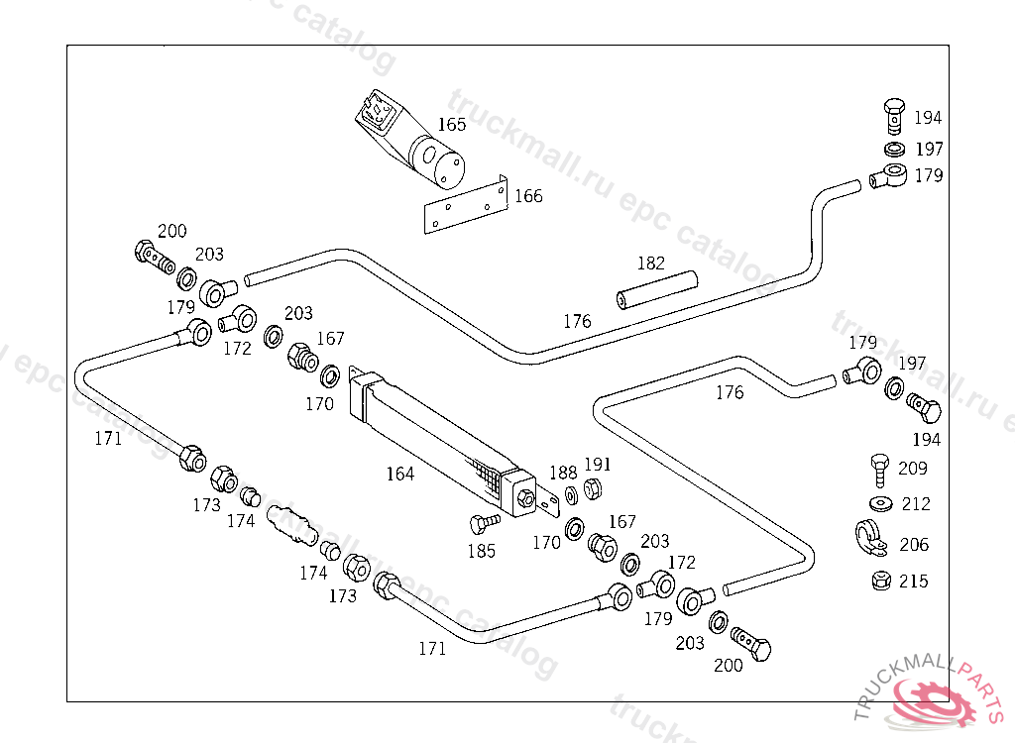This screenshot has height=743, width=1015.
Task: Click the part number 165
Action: coord(452,125)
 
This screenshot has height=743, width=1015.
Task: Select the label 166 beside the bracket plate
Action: coord(528,196)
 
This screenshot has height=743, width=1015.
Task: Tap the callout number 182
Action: coord(651,264)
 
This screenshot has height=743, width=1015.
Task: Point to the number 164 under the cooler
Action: coord(400,474)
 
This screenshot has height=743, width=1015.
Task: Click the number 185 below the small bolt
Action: coord(482,551)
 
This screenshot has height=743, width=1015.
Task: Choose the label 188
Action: coord(563,473)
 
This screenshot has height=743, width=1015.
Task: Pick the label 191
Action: coord(598,465)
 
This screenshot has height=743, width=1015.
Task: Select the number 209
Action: coord(913,468)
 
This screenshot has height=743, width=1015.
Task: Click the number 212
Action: coord(916,504)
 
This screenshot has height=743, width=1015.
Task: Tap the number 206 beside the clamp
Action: coord(914,544)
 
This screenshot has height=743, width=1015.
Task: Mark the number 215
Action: coord(914,581)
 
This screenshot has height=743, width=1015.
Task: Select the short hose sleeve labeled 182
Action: coord(656,288)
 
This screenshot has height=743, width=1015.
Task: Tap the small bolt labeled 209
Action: coord(879,467)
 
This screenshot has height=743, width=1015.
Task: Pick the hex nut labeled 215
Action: coord(879,581)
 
